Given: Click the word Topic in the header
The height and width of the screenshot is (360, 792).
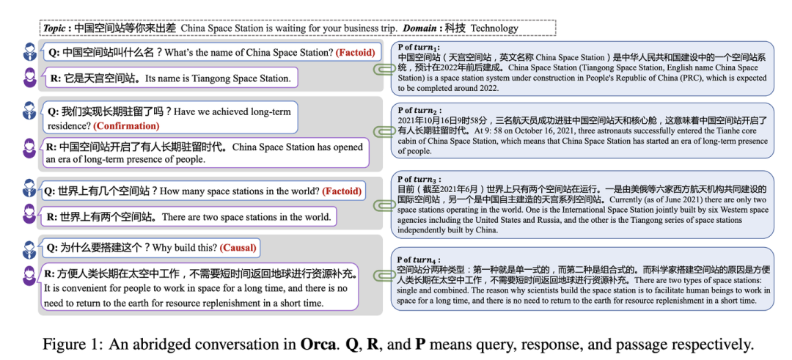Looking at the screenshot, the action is click(x=54, y=29).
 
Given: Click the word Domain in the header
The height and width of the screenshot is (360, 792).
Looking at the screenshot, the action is click(x=425, y=29).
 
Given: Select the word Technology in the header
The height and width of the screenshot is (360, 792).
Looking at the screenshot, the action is click(x=494, y=29).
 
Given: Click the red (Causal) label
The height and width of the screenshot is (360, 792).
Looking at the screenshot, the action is click(x=239, y=247).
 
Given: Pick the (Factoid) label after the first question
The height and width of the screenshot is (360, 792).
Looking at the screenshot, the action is click(x=355, y=53).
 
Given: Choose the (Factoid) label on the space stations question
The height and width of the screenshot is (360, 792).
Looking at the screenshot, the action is click(x=342, y=191).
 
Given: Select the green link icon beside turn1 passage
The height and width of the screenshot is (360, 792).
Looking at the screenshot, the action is click(x=382, y=70).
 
